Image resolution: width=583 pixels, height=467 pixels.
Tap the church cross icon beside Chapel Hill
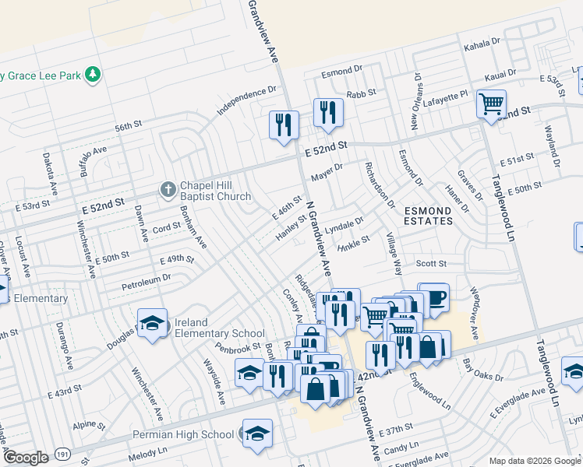[167, 189]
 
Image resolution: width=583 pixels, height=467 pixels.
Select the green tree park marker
[94, 75]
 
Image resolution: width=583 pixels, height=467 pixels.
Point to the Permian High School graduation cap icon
[256, 434]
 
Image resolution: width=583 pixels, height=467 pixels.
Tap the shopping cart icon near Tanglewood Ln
[491, 104]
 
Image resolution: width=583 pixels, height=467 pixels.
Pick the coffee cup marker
[433, 297]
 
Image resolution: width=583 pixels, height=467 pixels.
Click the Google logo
[26, 457]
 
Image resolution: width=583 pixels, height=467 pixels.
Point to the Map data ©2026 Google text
[534, 461]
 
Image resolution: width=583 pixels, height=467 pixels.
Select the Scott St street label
[429, 265]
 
